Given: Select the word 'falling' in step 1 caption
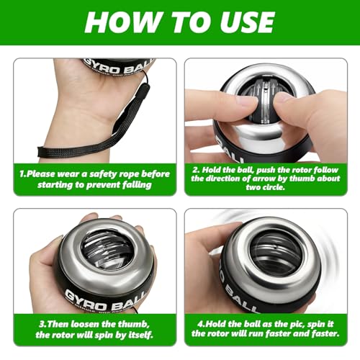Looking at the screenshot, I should pos(135,184).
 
